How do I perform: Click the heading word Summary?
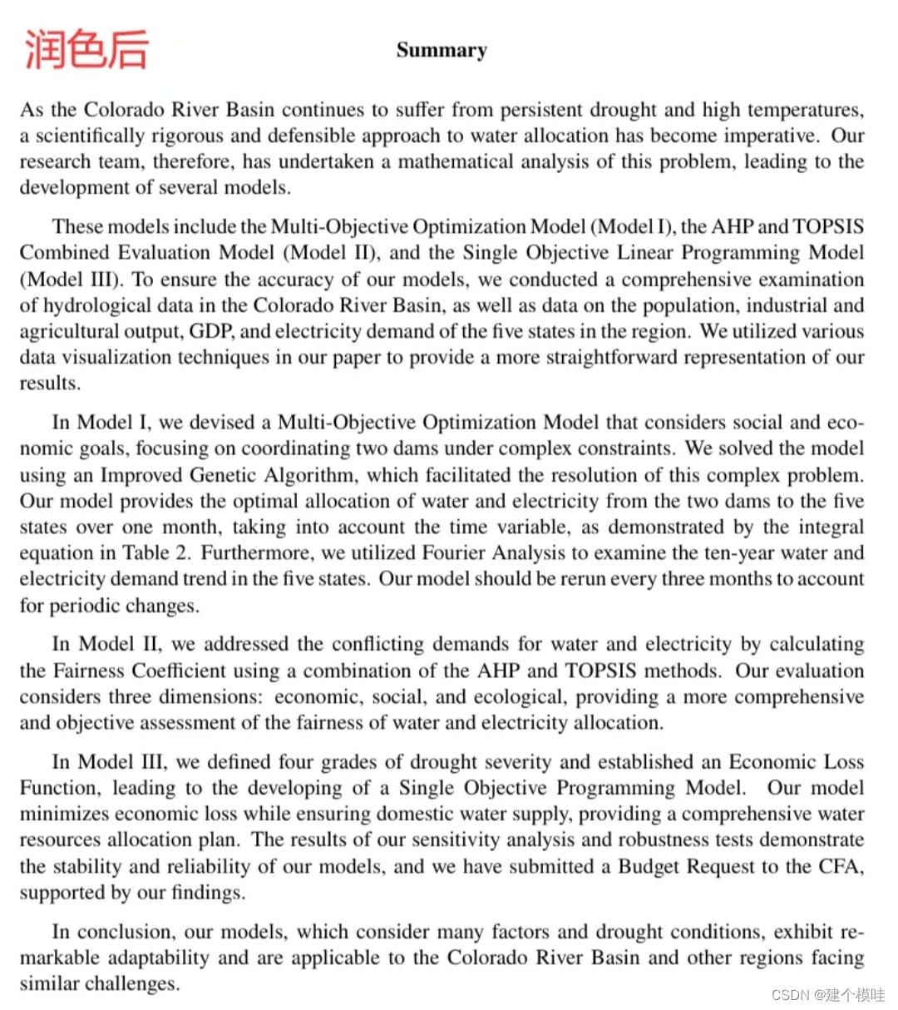click(442, 51)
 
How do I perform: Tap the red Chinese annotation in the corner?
click(86, 48)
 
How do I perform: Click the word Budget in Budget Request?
click(653, 867)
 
